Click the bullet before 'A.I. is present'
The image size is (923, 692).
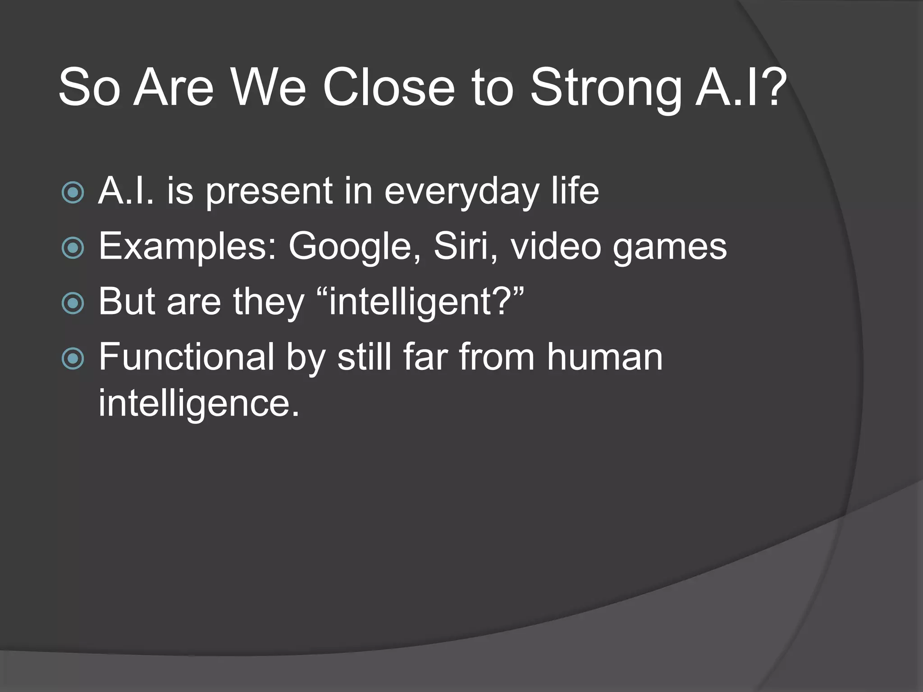pyautogui.click(x=73, y=193)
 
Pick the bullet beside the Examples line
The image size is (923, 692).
pyautogui.click(x=73, y=248)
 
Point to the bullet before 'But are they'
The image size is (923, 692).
pyautogui.click(x=73, y=303)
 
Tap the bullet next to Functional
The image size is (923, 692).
pyautogui.click(x=73, y=359)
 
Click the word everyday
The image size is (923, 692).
pyautogui.click(x=461, y=192)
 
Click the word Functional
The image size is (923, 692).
pyautogui.click(x=186, y=357)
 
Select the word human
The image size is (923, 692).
pyautogui.click(x=604, y=357)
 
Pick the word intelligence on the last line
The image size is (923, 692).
pyautogui.click(x=199, y=403)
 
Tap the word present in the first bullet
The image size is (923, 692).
pyautogui.click(x=269, y=192)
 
